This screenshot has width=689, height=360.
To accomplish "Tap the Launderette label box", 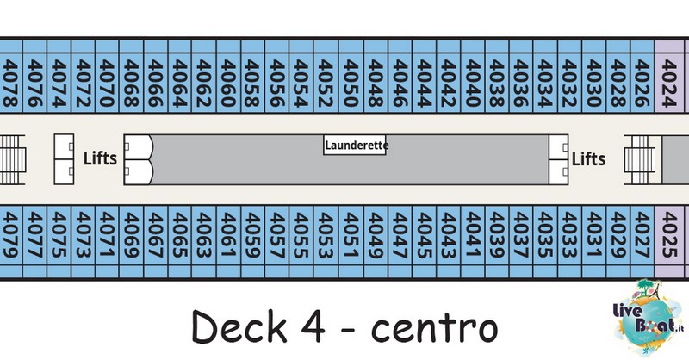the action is [x=355, y=145].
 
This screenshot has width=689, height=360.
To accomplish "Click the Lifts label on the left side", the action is [x=100, y=158].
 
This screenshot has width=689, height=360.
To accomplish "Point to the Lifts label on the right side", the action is [x=588, y=158].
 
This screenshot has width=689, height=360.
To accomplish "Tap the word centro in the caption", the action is [x=435, y=329].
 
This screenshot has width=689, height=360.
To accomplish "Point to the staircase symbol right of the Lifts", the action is [x=640, y=159].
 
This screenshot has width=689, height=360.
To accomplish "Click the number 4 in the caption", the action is [x=313, y=327].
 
